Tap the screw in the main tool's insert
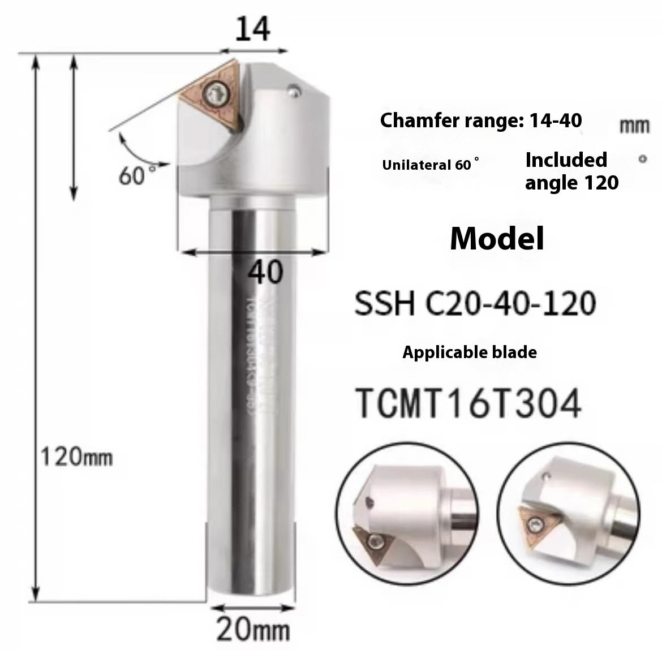[x=217, y=92]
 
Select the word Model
[x=497, y=238]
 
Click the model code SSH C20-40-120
[x=475, y=303]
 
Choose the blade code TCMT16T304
[x=467, y=404]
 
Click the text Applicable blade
[x=469, y=352]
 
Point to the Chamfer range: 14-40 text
[x=480, y=120]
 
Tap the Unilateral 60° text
[x=431, y=166]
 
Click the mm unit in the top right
[x=634, y=126]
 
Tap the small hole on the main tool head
[x=293, y=88]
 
